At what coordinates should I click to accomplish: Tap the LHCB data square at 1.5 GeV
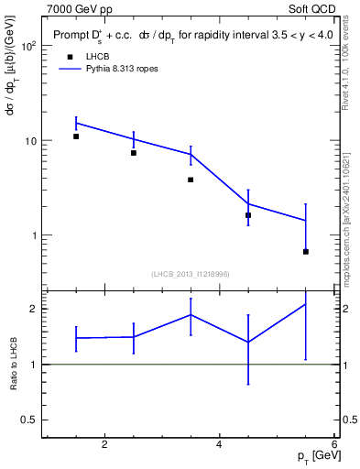pos(76,136)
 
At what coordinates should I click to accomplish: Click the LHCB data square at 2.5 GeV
pos(134,153)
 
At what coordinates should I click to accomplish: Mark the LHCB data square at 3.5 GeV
pos(191,180)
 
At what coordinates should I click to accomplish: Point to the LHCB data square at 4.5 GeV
pos(248,215)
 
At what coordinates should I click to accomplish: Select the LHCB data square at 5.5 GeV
pos(305,252)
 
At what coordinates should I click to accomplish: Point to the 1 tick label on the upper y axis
pos(32,235)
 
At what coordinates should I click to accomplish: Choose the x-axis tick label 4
pos(219,444)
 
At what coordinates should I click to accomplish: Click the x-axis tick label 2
pos(104,444)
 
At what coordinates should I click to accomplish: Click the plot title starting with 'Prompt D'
pos(183,36)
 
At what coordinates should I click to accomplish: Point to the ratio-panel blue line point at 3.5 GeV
pos(191,314)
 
